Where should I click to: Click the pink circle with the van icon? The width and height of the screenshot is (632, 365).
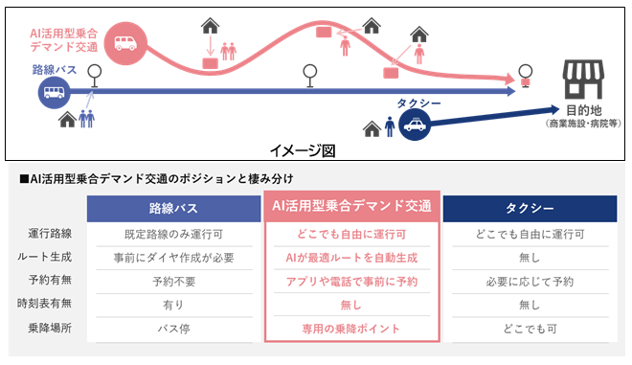tap(124, 43)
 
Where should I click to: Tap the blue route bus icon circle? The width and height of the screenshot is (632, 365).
tap(54, 93)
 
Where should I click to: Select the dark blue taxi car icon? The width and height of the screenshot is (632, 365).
tap(415, 124)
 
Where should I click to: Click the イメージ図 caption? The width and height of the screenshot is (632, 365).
tap(303, 150)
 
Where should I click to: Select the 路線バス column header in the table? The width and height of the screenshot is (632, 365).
tap(174, 208)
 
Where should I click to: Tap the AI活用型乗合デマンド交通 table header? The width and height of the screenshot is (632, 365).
tap(351, 206)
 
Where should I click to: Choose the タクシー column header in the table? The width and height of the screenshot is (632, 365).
tap(530, 208)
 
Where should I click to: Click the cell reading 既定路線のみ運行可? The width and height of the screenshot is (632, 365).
tap(174, 234)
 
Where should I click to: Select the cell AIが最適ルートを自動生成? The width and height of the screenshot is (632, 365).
tap(351, 258)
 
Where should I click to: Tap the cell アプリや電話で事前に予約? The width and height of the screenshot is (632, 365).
tap(351, 282)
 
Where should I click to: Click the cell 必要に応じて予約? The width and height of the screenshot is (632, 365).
tap(530, 282)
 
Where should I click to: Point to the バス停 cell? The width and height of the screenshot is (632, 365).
tap(174, 329)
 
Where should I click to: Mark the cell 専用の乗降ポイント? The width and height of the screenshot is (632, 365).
tap(351, 329)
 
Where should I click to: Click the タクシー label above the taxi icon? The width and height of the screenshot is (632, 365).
tap(418, 103)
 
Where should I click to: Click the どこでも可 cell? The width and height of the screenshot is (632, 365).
tap(530, 329)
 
